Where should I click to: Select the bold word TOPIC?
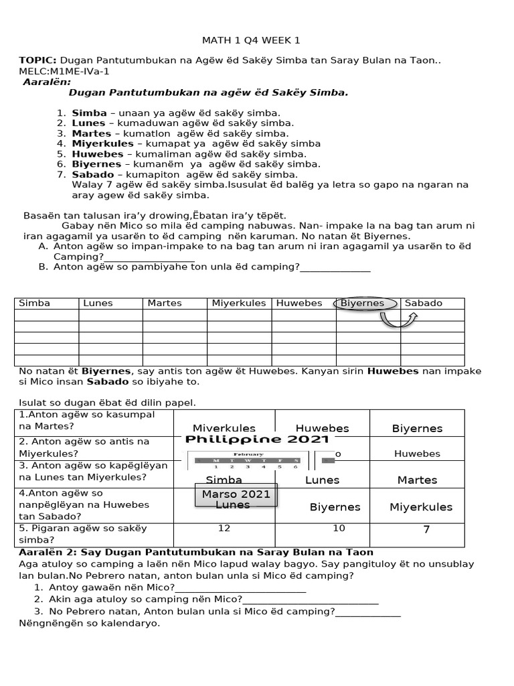[x=37, y=61]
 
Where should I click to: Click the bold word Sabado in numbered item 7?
[x=92, y=174]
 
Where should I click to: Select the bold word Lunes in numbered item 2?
[x=88, y=123]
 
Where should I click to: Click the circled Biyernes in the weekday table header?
[x=365, y=303]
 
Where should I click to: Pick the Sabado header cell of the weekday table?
[x=432, y=303]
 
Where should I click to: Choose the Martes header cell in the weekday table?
[x=174, y=303]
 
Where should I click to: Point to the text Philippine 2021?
[x=257, y=439]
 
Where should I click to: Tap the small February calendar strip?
[x=248, y=460]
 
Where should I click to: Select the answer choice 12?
[x=224, y=529]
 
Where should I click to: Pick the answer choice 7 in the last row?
[x=426, y=530]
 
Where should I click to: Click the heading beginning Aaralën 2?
[x=196, y=551]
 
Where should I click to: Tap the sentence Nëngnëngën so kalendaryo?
[x=90, y=623]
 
